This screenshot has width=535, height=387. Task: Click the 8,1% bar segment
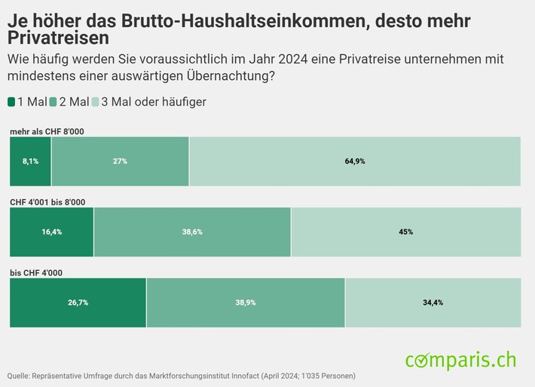(30, 161)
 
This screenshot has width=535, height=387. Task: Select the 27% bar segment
(120, 161)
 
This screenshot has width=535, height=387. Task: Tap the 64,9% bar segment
(355, 161)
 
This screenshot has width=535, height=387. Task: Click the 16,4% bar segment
(51, 232)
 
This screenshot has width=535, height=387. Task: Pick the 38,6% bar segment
(192, 232)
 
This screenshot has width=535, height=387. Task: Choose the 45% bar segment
(405, 232)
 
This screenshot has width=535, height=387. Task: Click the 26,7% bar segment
(78, 303)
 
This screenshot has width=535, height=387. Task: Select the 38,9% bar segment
(246, 303)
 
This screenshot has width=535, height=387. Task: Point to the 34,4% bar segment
(433, 303)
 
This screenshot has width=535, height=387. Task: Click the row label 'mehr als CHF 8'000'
(47, 132)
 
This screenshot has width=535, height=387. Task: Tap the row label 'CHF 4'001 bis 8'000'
(47, 202)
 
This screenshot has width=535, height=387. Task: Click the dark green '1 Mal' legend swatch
(11, 102)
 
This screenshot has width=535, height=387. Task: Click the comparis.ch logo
(460, 360)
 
